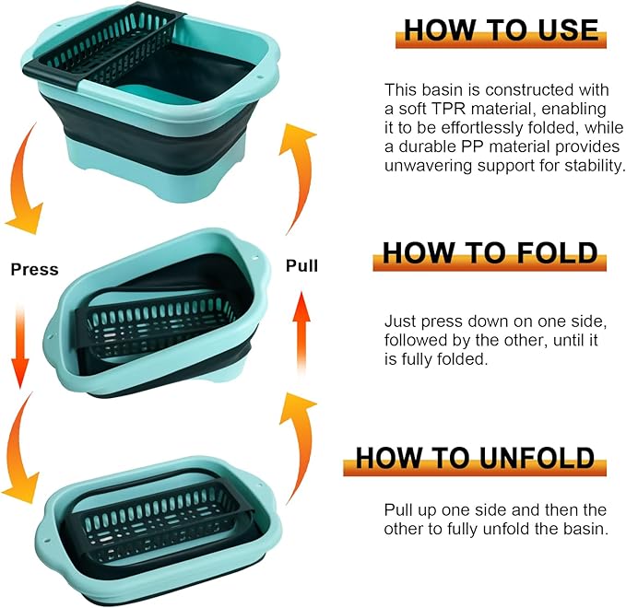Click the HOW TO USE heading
tap(501, 29)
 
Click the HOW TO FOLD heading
tap(490, 252)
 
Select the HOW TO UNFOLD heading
tap(476, 457)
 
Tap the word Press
tap(34, 270)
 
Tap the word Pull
tap(301, 266)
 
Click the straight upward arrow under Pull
tap(301, 332)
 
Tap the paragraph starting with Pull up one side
tap(495, 520)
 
